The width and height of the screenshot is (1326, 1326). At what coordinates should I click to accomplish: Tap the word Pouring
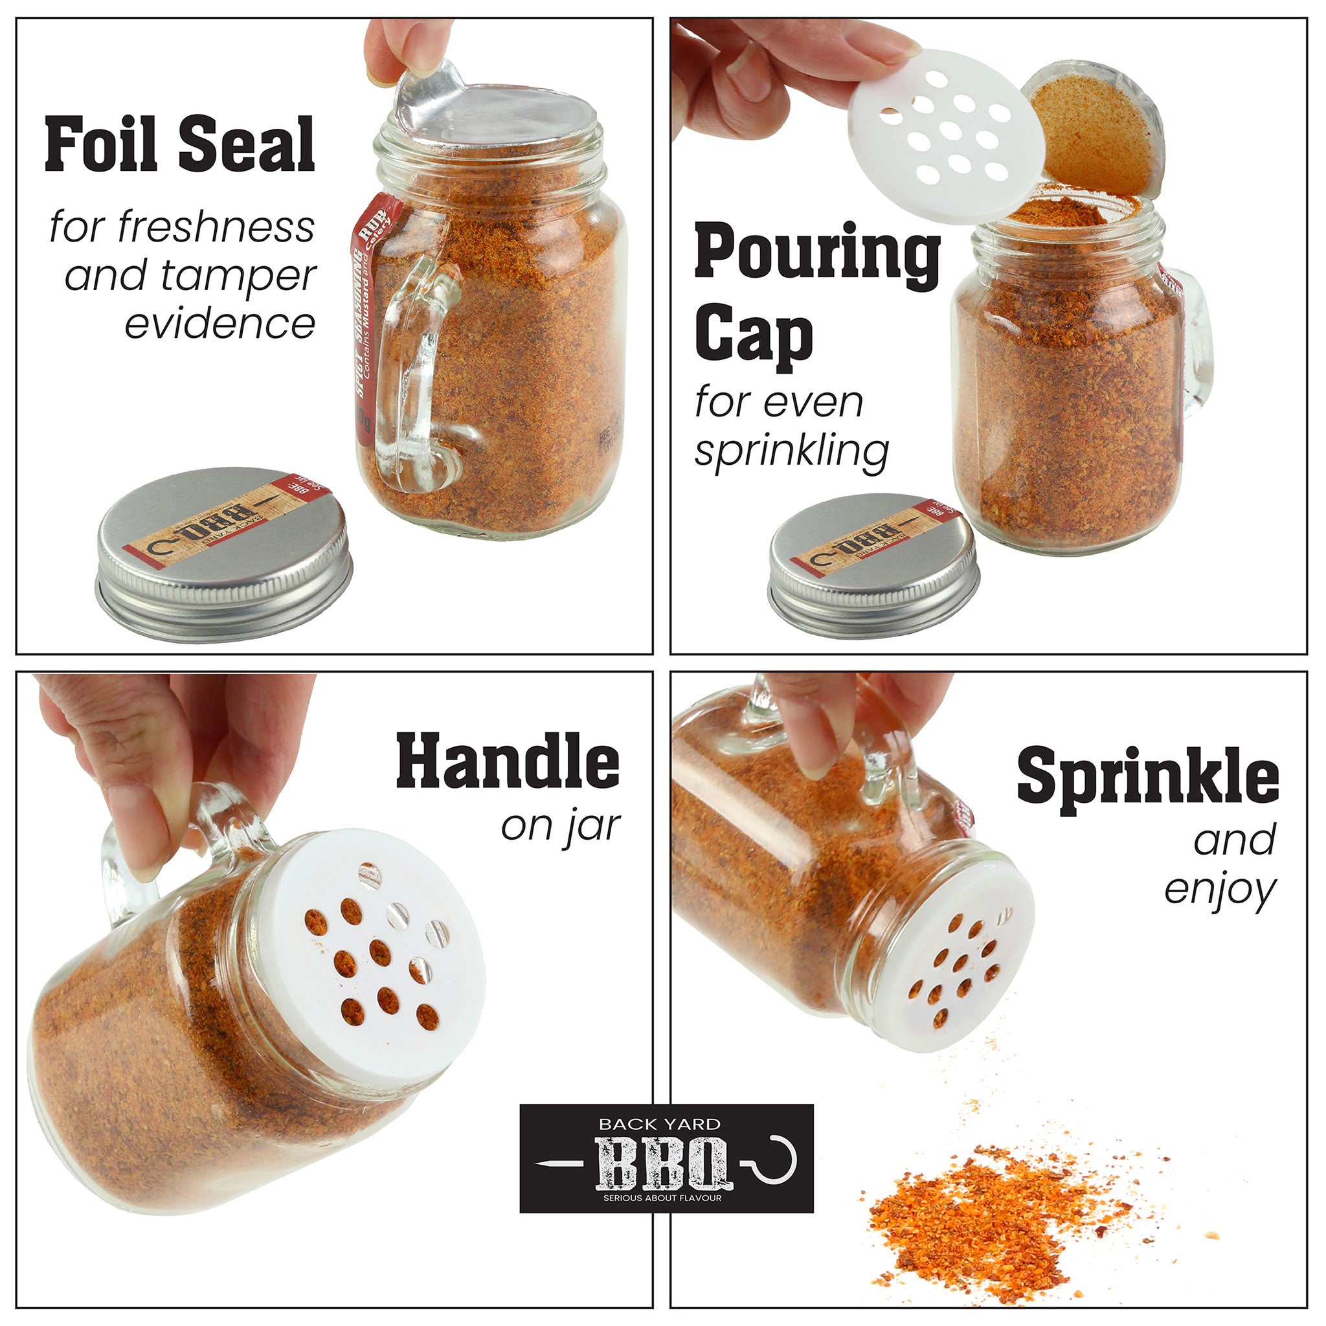pyautogui.click(x=816, y=253)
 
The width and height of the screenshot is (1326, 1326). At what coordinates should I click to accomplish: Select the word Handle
pyautogui.click(x=507, y=761)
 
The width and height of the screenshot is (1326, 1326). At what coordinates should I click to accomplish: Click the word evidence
pyautogui.click(x=219, y=323)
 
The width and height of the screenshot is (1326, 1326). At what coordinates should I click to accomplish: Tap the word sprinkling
pyautogui.click(x=791, y=452)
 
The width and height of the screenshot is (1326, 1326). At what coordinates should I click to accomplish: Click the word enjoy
pyautogui.click(x=1220, y=890)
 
